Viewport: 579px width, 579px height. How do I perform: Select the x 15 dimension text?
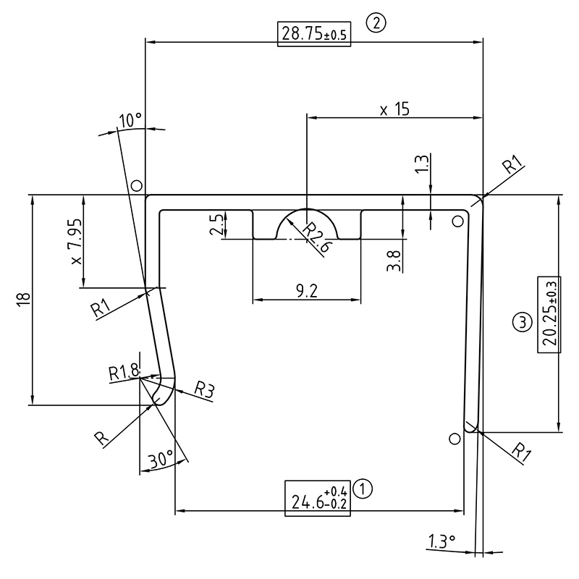(394, 109)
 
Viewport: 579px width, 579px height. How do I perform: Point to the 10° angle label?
(130, 121)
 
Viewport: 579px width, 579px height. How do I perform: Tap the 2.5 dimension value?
(216, 224)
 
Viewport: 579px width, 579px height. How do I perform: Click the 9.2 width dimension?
(307, 291)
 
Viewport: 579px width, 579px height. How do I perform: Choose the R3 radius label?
(205, 391)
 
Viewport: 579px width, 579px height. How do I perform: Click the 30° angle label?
(159, 460)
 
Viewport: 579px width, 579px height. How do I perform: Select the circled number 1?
(365, 489)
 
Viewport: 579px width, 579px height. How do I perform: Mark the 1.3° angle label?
(441, 541)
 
